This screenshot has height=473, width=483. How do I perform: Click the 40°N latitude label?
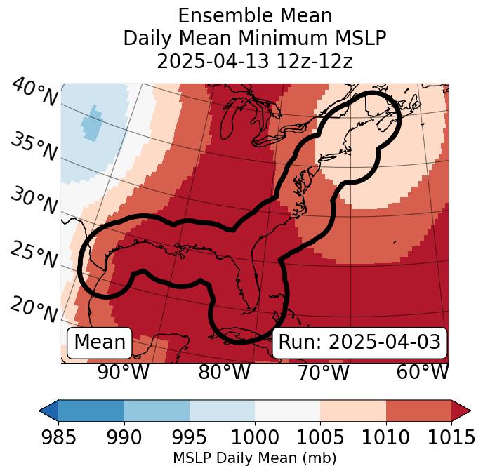tap(34, 93)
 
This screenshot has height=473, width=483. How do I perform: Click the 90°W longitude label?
tap(123, 372)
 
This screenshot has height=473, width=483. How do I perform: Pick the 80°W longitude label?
tap(224, 372)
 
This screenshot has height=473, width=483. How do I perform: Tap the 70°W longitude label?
tap(322, 372)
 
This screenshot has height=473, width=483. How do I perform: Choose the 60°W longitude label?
tap(423, 372)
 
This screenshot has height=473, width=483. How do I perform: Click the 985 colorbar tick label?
tap(59, 437)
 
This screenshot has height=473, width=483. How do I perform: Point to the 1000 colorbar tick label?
tap(255, 437)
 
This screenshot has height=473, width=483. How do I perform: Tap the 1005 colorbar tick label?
tap(320, 437)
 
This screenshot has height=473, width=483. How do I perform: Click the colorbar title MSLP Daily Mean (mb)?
tap(254, 458)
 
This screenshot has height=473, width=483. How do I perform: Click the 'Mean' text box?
tap(100, 342)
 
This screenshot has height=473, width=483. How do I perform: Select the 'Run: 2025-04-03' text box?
tap(359, 342)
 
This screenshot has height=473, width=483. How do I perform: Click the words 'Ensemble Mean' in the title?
tap(255, 15)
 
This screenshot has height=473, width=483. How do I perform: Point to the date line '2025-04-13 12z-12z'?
tap(255, 61)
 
